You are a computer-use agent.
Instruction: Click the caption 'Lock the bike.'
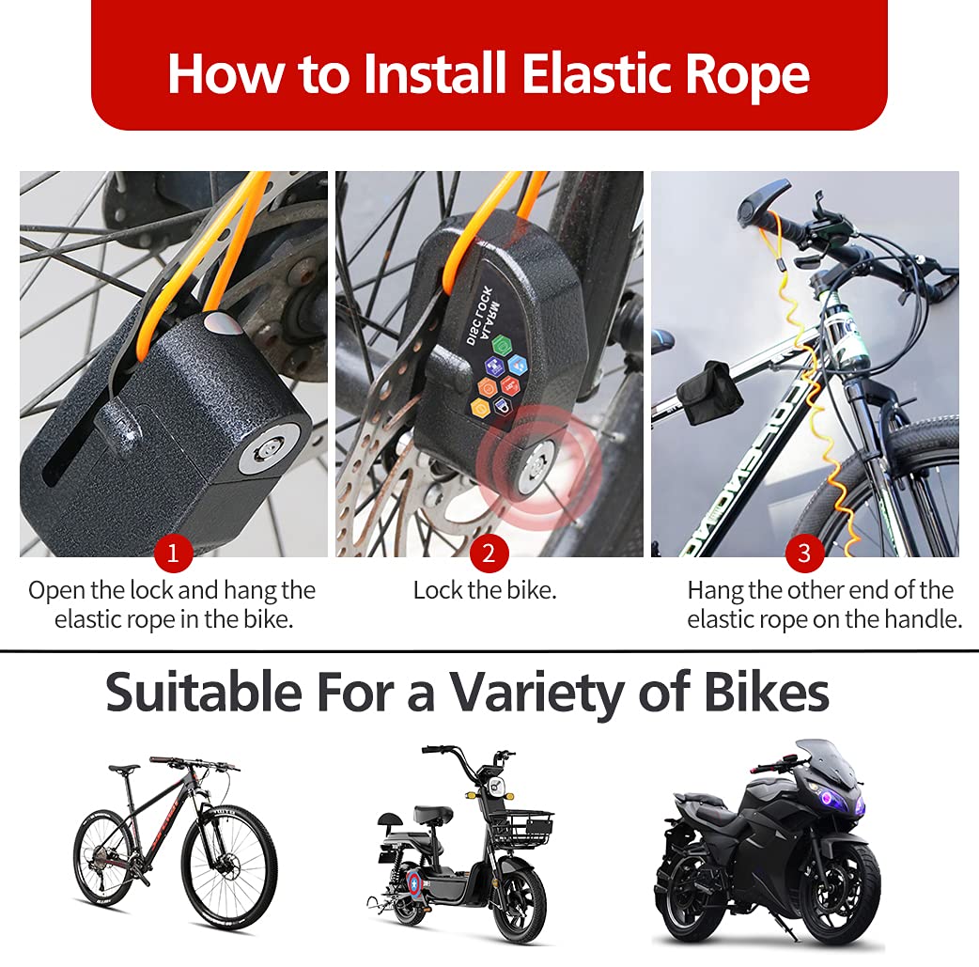point(485,591)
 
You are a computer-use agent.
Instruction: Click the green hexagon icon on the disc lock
point(501,344)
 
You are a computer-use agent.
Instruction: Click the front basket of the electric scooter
point(518,828)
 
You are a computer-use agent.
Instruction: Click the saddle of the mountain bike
point(124,768)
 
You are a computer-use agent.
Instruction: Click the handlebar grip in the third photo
point(757,202)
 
